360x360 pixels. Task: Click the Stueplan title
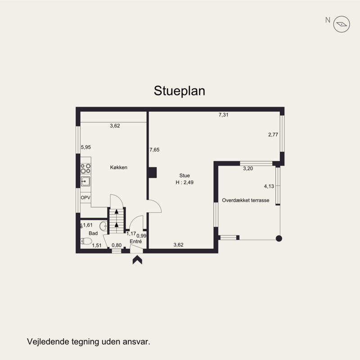tap(179, 91)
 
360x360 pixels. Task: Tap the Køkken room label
tap(119, 167)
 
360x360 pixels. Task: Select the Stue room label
tap(184, 175)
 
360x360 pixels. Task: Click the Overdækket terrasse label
tap(246, 200)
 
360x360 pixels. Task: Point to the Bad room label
tap(93, 233)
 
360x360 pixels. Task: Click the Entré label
tap(136, 241)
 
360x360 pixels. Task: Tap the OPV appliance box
tap(85, 198)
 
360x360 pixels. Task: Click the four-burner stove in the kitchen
tap(85, 168)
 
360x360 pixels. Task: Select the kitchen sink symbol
tap(85, 181)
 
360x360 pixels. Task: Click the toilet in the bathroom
tap(86, 241)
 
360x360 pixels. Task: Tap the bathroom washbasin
tap(103, 226)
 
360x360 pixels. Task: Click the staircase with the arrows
tap(117, 220)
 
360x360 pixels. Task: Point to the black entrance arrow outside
tap(137, 260)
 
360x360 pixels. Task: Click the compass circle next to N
tap(342, 24)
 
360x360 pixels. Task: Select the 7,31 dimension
tap(224, 115)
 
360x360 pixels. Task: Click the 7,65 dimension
tap(154, 150)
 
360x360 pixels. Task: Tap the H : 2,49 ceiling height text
tap(184, 183)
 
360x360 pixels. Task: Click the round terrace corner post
tap(279, 238)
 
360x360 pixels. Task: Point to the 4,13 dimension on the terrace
tap(269, 186)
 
